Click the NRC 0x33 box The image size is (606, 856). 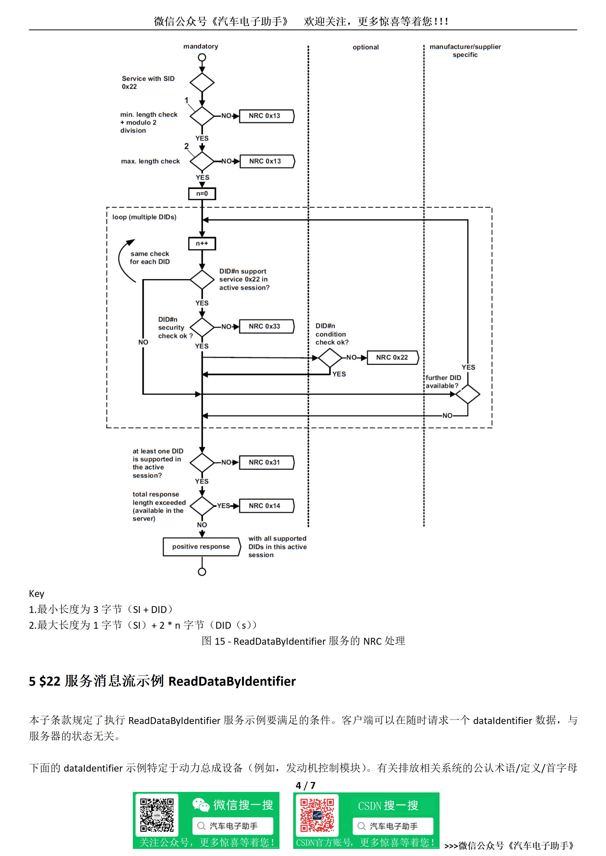[266, 326]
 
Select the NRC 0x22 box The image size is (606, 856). [392, 357]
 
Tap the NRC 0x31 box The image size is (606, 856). [266, 462]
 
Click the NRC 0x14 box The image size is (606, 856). [266, 506]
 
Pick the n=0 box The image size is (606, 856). [202, 193]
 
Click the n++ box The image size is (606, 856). [202, 244]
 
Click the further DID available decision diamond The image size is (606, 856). [468, 394]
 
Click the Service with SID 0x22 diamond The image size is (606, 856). [202, 82]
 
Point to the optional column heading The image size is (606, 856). [365, 47]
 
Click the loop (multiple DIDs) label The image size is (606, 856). [144, 217]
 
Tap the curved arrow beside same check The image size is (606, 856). [123, 261]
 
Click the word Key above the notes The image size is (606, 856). [37, 594]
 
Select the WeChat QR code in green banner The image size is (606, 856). [157, 815]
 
